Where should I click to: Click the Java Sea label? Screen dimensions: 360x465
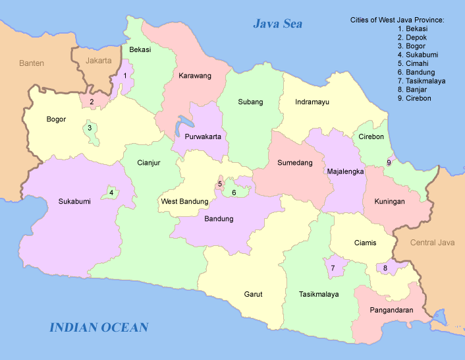[277, 24]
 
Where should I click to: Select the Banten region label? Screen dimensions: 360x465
[31, 63]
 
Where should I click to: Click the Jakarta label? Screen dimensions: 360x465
[99, 61]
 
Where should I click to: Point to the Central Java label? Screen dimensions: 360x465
[432, 243]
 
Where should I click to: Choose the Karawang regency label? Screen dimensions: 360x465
[195, 76]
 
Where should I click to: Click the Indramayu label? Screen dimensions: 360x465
[312, 102]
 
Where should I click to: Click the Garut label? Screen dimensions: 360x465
[253, 295]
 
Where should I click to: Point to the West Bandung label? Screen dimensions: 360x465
[184, 201]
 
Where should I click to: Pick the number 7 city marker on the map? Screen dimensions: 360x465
[333, 268]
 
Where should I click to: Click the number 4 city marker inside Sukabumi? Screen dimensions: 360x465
[111, 193]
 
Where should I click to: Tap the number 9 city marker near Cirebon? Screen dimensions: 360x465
[389, 162]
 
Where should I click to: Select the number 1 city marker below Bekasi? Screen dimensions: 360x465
[124, 76]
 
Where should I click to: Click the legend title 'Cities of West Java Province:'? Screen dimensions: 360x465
[397, 20]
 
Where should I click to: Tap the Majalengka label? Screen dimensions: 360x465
[346, 171]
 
